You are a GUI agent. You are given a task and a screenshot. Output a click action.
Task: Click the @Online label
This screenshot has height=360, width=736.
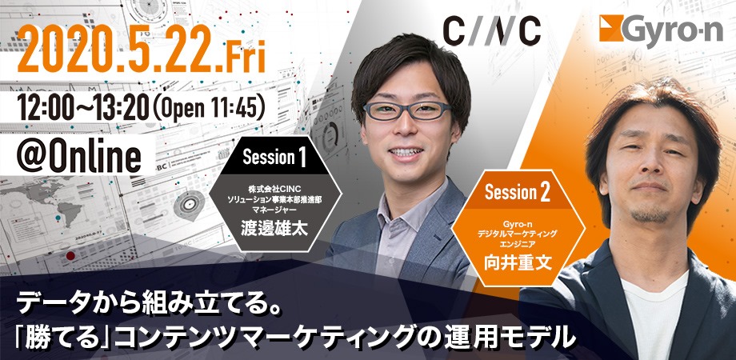click(78, 156)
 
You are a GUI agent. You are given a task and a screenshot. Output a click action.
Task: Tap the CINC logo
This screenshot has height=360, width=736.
click(491, 32)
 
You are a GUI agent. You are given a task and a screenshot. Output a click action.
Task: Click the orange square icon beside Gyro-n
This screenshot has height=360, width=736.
click(610, 28)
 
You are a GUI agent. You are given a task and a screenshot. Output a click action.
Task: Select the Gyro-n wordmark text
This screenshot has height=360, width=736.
click(674, 31)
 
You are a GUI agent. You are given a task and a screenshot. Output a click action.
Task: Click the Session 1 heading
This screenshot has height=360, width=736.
click(274, 158)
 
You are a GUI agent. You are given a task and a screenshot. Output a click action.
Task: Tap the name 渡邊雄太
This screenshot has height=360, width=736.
click(274, 229)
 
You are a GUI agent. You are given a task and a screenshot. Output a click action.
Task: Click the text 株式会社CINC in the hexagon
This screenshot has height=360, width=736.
click(274, 189)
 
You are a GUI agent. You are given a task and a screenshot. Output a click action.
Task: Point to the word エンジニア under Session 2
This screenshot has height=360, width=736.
click(518, 243)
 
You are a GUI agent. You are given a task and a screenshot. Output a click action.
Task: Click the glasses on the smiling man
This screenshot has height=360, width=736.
click(407, 110)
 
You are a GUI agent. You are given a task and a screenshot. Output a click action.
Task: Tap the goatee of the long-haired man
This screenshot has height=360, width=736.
click(650, 215)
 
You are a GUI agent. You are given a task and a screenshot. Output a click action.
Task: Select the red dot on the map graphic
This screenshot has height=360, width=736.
click(70, 256)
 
